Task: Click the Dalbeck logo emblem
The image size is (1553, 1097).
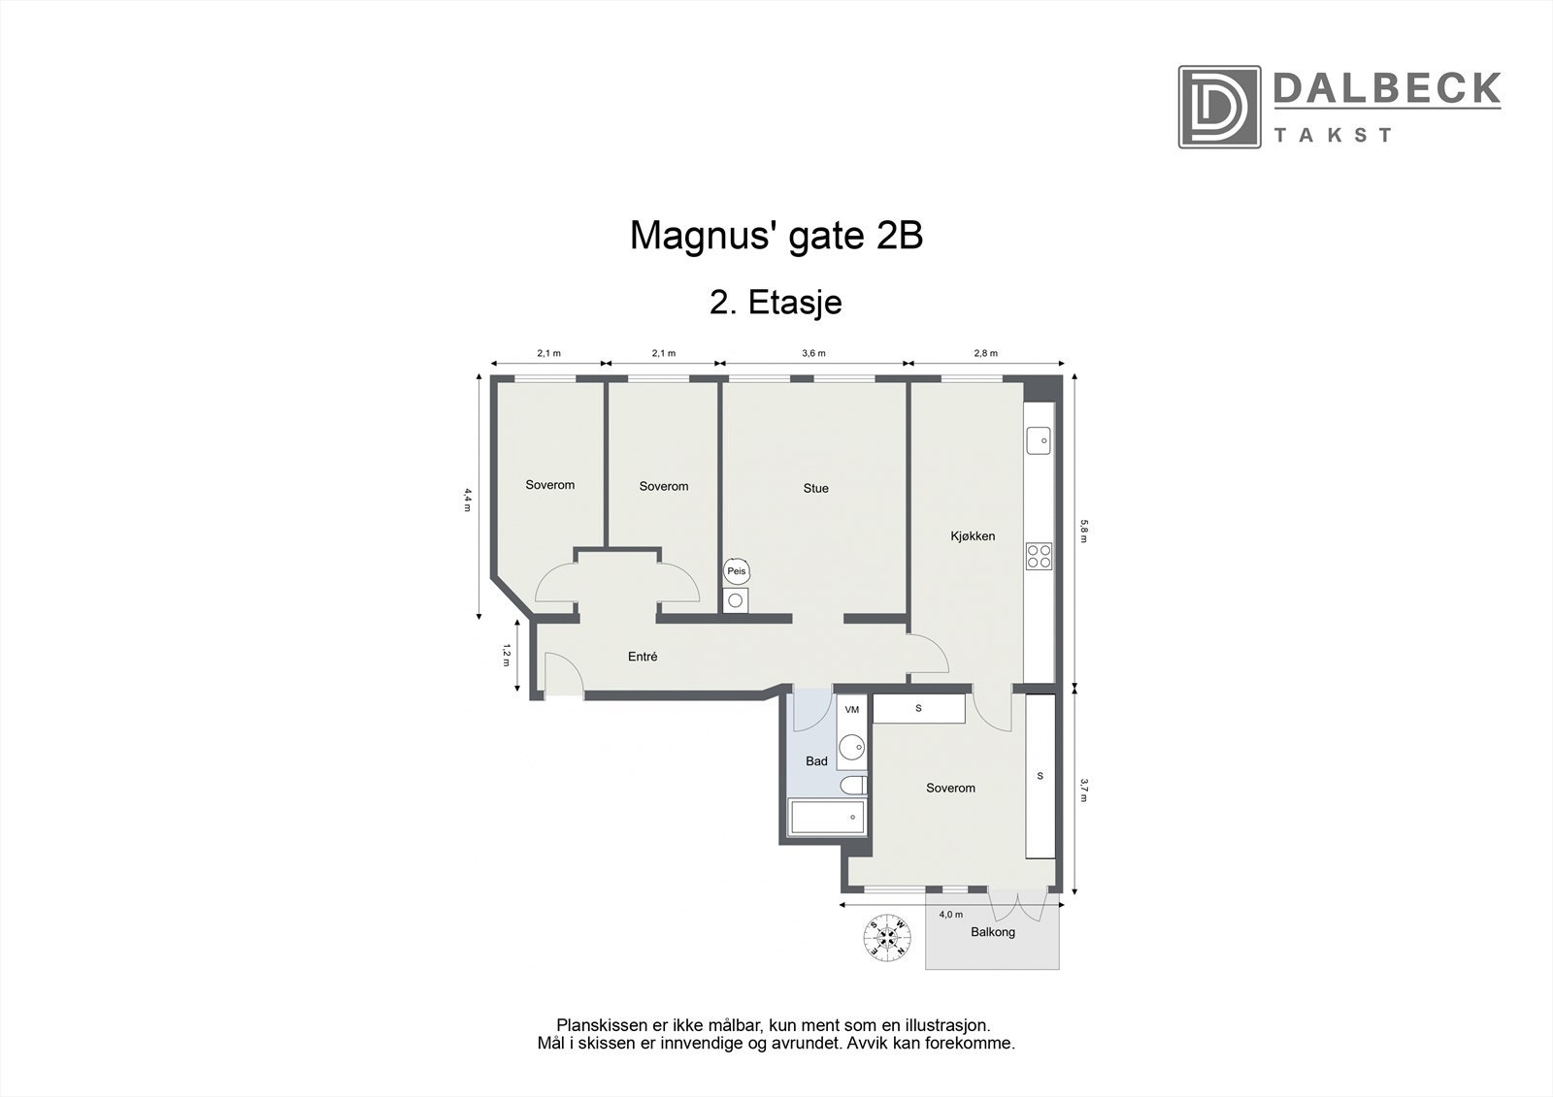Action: [x=1219, y=107]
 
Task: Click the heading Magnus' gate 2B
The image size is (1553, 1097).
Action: [x=776, y=236]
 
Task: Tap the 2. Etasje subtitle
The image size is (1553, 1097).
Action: [x=776, y=303]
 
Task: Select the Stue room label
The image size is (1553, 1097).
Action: [x=815, y=488]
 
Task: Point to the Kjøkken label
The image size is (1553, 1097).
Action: [x=972, y=535]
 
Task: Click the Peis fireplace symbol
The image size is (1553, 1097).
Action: [x=737, y=571]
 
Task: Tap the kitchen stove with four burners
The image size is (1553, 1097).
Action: [x=1039, y=556]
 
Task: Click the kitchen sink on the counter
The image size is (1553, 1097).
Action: [x=1039, y=440]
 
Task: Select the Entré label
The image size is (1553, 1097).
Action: [x=643, y=657]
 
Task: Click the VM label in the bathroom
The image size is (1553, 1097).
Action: [x=852, y=710]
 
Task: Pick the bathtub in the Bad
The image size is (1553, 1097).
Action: [x=827, y=818]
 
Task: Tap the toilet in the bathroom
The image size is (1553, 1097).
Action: [x=854, y=785]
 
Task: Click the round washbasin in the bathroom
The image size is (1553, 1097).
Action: [x=852, y=748]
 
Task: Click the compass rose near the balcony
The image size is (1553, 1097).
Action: [x=888, y=936]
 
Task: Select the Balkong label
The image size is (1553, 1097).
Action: [x=993, y=932]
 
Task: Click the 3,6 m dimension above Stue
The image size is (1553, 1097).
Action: [x=813, y=353]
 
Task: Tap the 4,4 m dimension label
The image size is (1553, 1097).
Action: [x=467, y=499]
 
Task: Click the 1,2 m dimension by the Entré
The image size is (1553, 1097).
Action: [x=506, y=655]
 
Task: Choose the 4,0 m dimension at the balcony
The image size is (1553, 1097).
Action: [x=950, y=914]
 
